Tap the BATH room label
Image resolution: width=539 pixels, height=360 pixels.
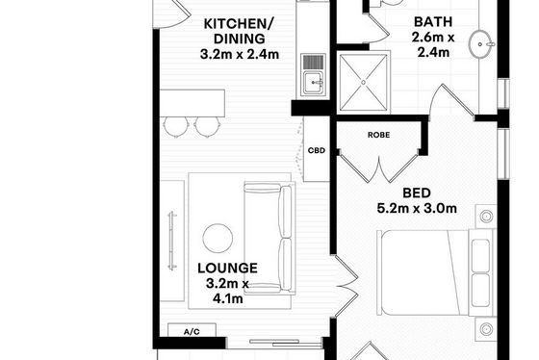[433, 22]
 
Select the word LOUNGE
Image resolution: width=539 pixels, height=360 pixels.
[227, 269]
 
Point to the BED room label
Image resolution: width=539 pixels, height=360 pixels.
[417, 193]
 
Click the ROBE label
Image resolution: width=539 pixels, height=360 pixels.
[379, 135]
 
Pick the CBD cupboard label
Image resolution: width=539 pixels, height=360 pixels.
[317, 150]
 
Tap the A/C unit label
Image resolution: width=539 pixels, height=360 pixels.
[192, 332]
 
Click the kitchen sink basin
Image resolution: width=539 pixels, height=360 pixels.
[313, 83]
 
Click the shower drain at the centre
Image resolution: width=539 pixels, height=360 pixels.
[364, 82]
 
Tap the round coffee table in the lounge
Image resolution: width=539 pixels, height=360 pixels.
[218, 239]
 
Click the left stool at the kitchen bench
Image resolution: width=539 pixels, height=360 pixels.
[176, 126]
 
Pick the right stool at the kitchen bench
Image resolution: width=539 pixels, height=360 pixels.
[207, 126]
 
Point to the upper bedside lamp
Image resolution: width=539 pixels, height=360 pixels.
[486, 217]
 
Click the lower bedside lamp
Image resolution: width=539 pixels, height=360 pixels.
[486, 329]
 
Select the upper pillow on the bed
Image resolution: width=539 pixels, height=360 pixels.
[480, 255]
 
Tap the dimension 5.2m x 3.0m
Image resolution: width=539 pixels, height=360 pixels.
[417, 208]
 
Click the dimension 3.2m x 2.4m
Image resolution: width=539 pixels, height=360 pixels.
[240, 54]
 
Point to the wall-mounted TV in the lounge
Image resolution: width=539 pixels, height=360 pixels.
[172, 241]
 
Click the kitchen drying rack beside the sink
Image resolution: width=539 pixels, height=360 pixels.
[313, 63]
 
